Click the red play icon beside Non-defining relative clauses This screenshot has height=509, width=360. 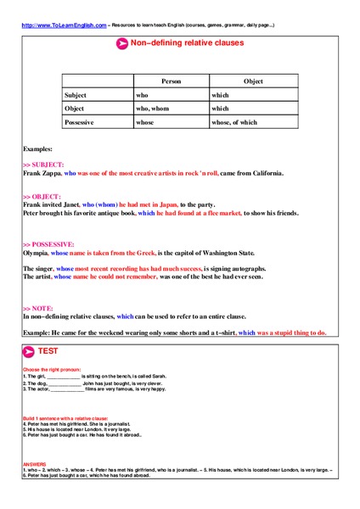121,43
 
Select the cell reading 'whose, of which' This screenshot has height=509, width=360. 234,122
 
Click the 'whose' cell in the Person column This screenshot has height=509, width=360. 148,122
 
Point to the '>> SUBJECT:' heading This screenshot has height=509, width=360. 43,164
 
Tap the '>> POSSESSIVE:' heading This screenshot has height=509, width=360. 48,244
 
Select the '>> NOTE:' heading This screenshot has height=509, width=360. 37,308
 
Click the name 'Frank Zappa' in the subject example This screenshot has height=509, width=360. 42,172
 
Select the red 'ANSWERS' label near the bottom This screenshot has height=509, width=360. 35,463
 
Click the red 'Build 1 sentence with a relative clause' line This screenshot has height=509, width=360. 65,419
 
